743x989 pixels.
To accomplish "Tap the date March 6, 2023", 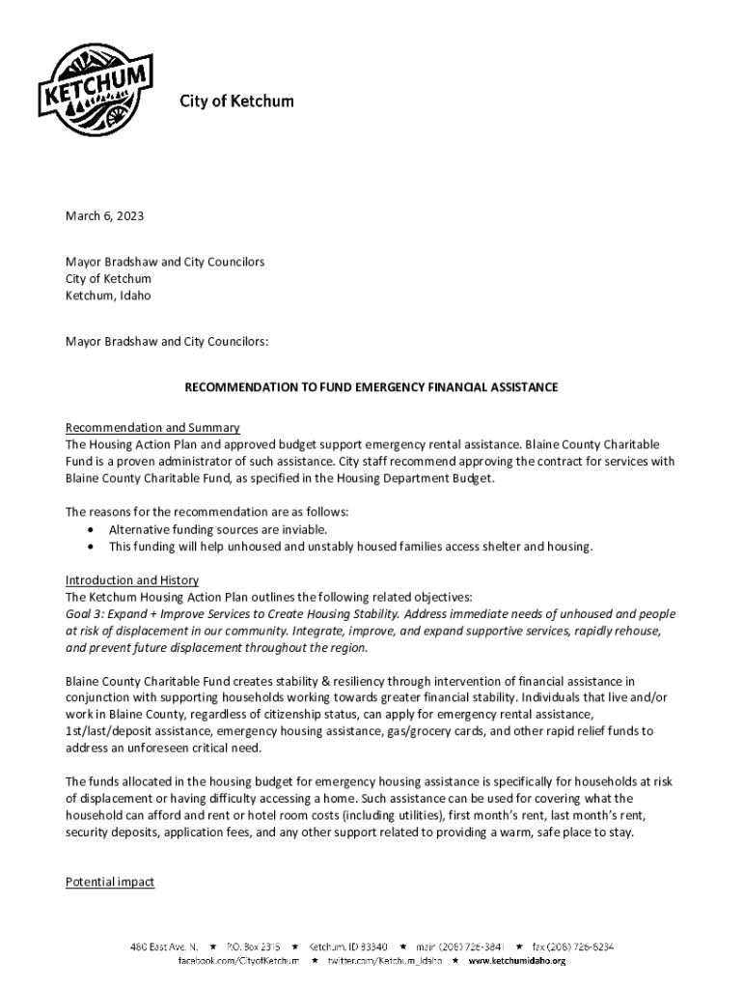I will pos(104,216).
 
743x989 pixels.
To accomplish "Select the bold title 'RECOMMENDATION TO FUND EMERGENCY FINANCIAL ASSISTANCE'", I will pos(371,387).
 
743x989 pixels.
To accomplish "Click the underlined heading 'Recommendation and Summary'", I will pos(152,428).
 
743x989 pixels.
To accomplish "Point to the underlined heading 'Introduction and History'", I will pos(132,580).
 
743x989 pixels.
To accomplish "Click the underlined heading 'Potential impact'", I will pos(110,882).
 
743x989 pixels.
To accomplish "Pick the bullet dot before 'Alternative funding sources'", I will pos(91,530).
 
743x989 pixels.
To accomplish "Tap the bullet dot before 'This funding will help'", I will pos(91,547).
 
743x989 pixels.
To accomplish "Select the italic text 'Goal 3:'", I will pos(86,614).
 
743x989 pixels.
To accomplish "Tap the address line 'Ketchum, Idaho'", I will pos(108,296).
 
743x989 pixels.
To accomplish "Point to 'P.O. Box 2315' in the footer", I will pos(254,947).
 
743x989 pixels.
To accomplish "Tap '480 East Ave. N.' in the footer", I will pos(165,947).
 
